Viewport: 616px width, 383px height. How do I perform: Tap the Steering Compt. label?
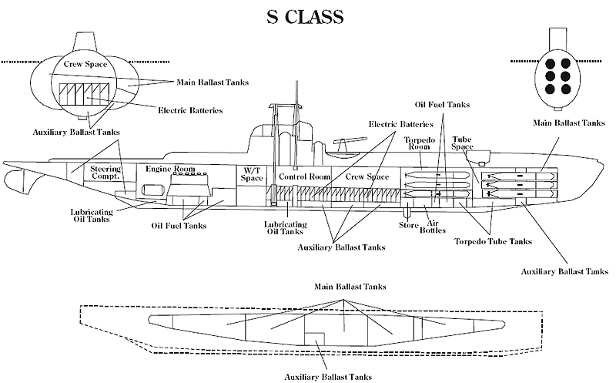[105, 173]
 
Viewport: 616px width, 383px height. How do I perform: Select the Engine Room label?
[170, 169]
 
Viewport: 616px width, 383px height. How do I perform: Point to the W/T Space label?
[253, 173]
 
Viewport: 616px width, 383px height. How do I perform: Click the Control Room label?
[304, 176]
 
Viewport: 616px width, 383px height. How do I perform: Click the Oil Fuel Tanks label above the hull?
[442, 105]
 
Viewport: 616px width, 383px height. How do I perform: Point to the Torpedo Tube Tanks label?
[493, 241]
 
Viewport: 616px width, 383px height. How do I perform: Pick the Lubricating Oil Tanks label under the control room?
[282, 228]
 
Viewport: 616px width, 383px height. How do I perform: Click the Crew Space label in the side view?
[367, 176]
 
